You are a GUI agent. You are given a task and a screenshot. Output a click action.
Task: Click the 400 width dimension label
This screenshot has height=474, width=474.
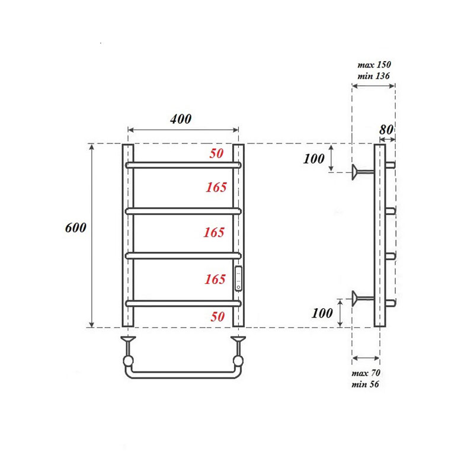[181, 119]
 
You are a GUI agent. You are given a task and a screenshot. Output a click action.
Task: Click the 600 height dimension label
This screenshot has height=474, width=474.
[76, 228]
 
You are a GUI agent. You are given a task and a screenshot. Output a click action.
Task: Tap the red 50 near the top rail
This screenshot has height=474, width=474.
[216, 153]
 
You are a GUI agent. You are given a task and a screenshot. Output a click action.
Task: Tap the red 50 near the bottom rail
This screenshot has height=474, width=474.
[217, 316]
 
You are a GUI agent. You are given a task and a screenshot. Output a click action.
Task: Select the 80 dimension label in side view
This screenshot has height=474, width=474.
[386, 130]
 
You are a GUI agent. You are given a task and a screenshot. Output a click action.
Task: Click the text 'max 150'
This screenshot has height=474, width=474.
[374, 65]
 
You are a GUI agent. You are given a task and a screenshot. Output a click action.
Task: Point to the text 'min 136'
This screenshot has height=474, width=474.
[374, 76]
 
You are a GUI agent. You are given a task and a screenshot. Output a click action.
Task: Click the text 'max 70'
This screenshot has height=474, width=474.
[366, 373]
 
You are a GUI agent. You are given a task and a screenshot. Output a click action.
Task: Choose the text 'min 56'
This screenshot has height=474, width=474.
[365, 384]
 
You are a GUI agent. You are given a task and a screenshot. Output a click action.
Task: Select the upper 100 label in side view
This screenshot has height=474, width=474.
[314, 159]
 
